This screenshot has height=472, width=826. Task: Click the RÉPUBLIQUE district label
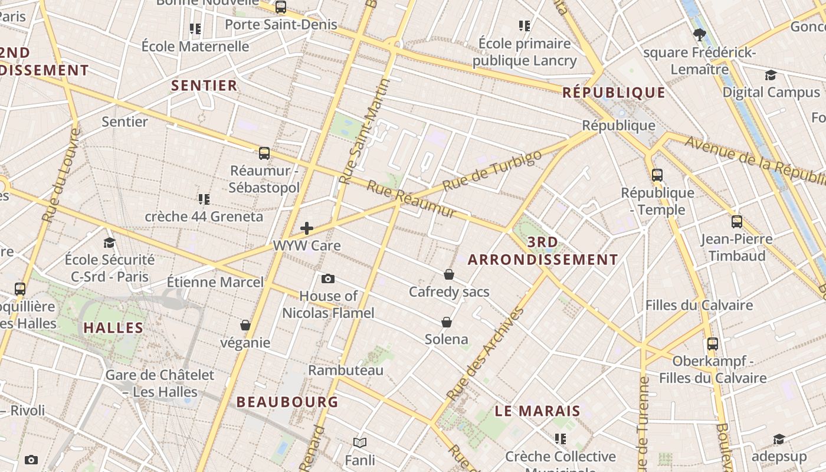614,93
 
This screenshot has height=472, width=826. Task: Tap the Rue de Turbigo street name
491,171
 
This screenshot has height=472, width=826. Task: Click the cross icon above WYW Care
307,228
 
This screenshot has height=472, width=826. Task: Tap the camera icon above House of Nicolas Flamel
328,278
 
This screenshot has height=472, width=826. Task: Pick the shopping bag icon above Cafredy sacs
449,274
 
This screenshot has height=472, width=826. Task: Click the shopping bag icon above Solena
447,322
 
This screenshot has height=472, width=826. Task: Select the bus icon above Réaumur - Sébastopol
264,153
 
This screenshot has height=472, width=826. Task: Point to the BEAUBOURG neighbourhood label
287,402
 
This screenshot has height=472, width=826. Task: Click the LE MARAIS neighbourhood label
537,411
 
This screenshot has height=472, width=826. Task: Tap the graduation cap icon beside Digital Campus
771,76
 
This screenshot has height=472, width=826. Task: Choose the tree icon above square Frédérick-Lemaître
700,35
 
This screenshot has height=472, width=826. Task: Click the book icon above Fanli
360,442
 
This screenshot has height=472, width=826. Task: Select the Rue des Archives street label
486,353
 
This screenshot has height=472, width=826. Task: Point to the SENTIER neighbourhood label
204,86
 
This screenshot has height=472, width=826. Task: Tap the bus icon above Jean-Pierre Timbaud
737,222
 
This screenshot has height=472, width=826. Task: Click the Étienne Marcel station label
215,282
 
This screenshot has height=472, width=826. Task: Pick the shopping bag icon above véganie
245,325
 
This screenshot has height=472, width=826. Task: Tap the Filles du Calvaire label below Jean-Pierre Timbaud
699,306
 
